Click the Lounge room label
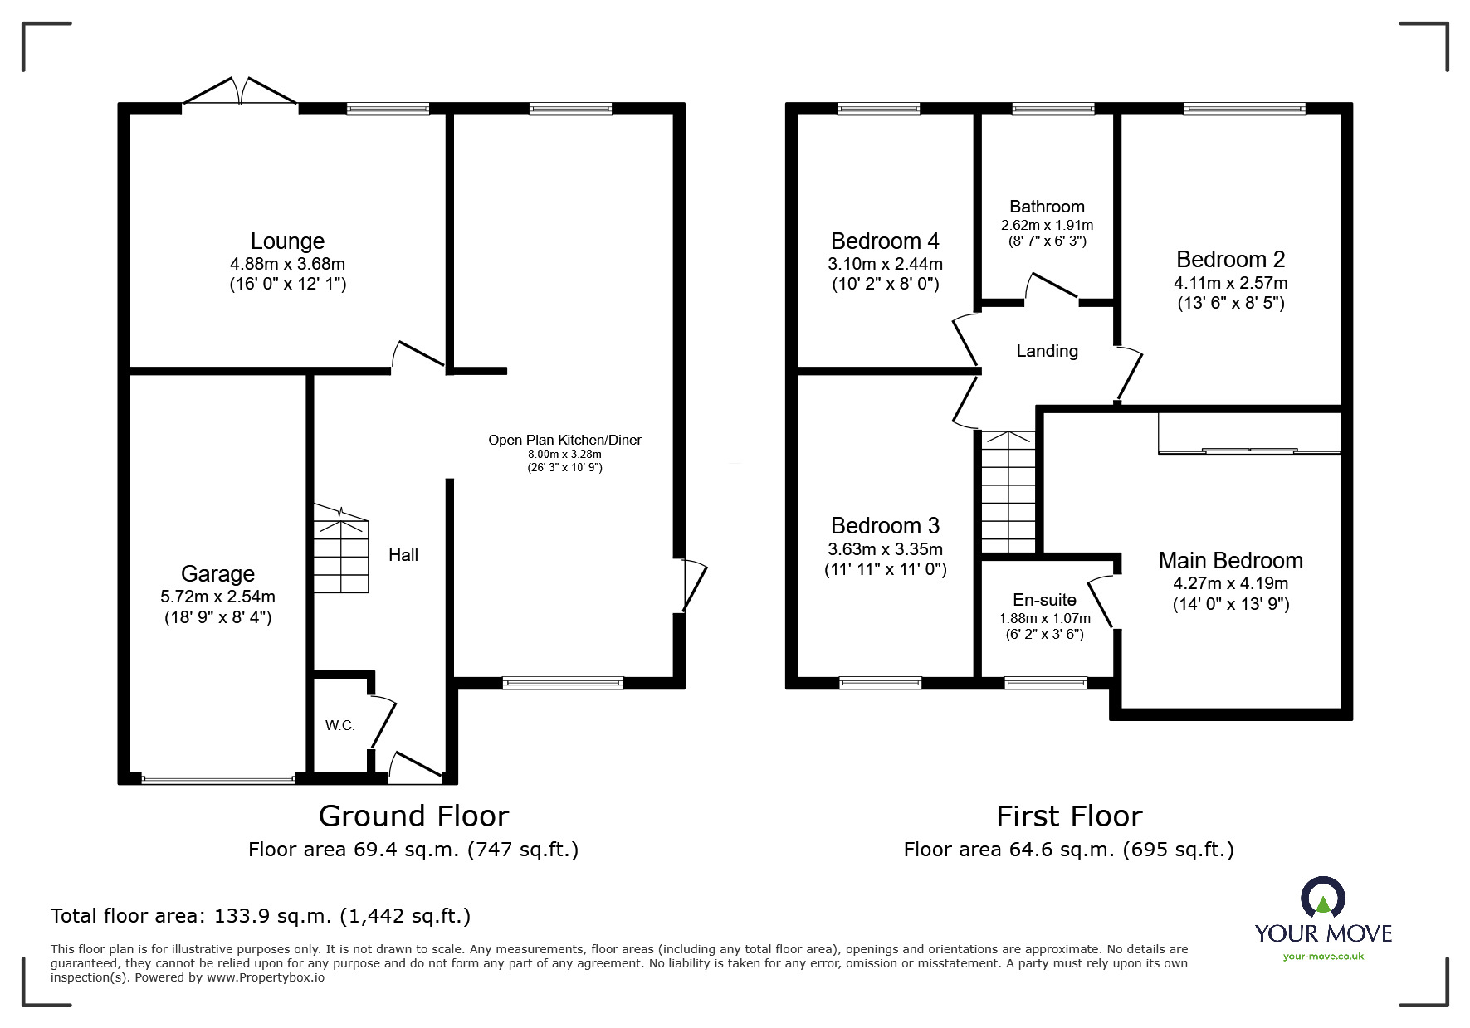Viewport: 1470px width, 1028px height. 287,241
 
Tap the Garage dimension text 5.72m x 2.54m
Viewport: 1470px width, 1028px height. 217,597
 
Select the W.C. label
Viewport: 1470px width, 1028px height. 339,725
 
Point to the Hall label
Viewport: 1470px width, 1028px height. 403,555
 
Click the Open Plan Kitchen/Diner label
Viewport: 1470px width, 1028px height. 564,440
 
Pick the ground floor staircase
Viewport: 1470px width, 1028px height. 340,548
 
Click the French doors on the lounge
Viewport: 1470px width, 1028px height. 240,90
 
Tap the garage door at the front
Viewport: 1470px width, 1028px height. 218,779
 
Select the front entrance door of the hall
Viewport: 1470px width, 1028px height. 416,767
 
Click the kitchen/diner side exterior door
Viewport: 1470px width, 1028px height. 693,586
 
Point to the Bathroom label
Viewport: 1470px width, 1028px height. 1047,207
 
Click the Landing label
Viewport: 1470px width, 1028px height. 1048,351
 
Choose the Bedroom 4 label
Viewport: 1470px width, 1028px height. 885,241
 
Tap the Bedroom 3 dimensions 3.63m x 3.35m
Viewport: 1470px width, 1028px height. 885,549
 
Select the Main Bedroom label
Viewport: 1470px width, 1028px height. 1230,561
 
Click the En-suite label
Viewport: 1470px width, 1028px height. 1044,600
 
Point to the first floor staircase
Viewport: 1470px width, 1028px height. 1008,492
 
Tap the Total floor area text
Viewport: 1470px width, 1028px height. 261,916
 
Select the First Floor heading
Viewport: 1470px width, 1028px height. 1069,816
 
